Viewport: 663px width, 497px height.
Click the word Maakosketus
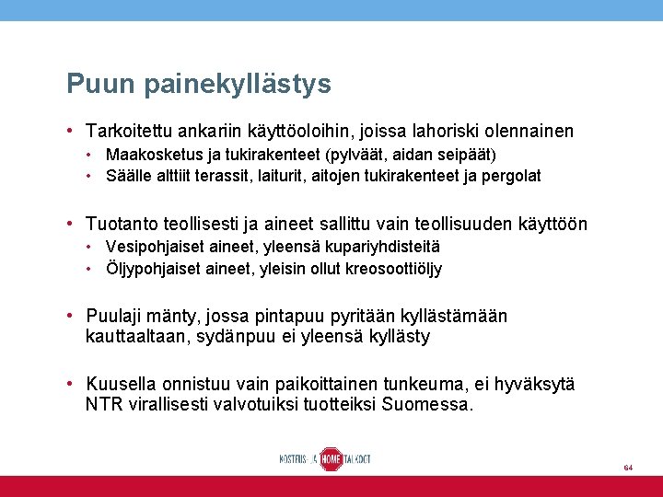point(152,154)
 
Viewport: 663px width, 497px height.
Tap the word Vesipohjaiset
point(150,247)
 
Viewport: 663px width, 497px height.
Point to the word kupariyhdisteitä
point(384,247)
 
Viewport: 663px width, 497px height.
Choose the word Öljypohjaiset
point(151,269)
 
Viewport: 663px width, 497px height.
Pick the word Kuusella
point(121,384)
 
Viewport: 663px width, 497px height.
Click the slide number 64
point(627,468)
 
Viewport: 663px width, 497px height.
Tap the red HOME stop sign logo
point(331,458)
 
